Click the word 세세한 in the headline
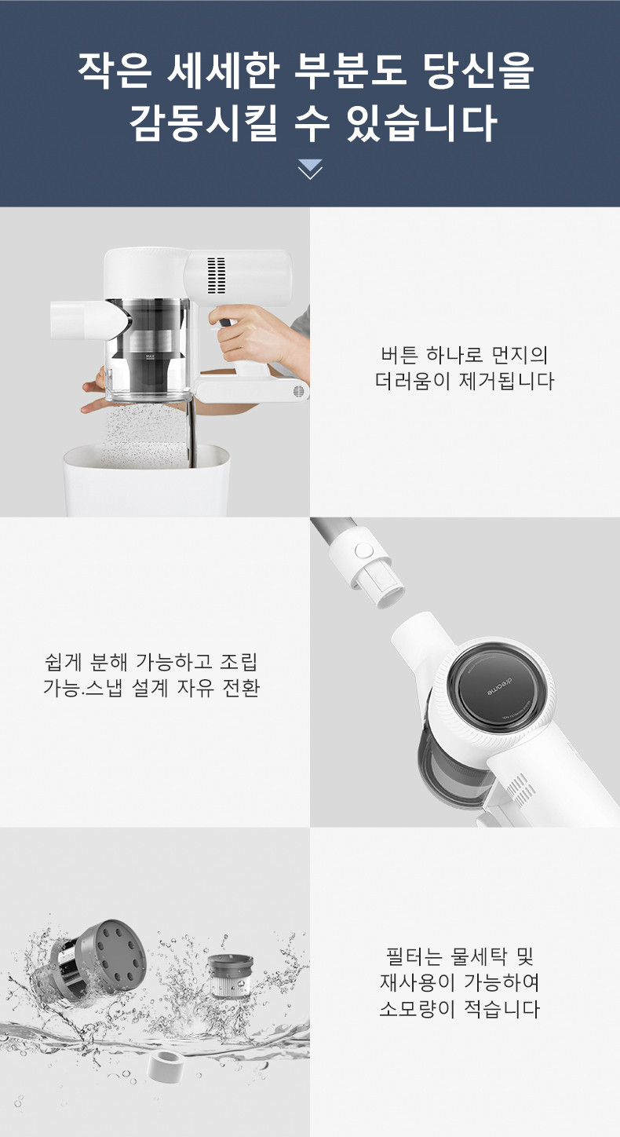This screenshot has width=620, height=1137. point(223,71)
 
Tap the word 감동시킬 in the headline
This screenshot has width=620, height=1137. point(203,123)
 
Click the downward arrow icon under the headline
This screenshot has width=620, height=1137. point(310,170)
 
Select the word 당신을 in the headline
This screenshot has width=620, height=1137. point(479,71)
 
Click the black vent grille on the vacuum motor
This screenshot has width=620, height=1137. point(217,276)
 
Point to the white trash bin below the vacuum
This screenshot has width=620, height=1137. point(147,480)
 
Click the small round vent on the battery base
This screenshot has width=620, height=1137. point(301,392)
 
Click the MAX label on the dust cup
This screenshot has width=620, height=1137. point(150,356)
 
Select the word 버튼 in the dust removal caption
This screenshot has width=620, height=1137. point(399,355)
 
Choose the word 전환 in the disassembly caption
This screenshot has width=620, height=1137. point(242,688)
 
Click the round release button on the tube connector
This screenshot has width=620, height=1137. point(363,550)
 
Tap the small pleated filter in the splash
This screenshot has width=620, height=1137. point(230,975)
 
